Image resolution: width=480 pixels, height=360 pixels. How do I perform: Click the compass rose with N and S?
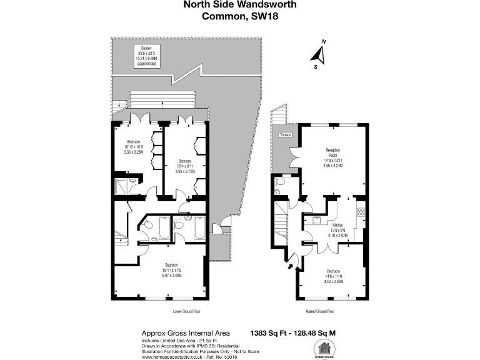pos(320,55)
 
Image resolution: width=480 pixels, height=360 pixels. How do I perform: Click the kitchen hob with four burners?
pos(361,212)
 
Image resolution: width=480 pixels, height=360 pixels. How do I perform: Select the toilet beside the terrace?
pos(279,182)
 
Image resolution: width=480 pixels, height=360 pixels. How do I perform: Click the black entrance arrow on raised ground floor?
pos(289,267)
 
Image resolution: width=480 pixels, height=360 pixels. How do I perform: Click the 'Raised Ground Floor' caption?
pos(319,311)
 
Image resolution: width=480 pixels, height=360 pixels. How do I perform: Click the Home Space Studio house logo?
pos(324,349)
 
